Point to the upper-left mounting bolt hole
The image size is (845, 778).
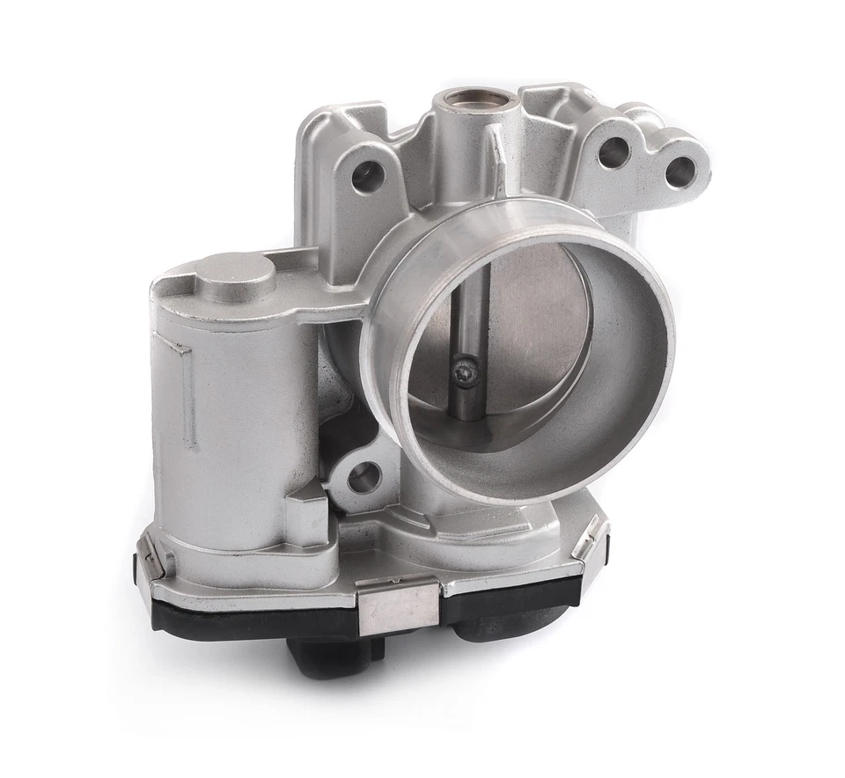click(x=367, y=177)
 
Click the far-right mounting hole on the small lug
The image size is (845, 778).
click(x=680, y=172)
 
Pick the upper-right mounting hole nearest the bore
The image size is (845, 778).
click(x=614, y=153)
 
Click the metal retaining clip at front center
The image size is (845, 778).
click(x=398, y=608)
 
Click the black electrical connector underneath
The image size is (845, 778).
click(x=334, y=657)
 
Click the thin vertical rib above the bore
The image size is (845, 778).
click(x=497, y=158)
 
